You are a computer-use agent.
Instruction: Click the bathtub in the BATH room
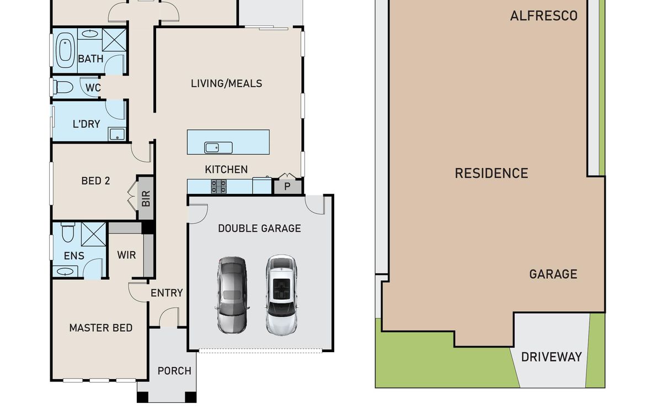65,51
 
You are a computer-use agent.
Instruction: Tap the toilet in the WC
63,88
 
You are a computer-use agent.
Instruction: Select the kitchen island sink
218,147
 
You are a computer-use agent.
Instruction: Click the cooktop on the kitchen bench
218,187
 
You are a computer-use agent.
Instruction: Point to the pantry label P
287,187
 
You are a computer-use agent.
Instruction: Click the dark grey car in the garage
232,295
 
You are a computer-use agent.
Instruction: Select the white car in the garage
281,295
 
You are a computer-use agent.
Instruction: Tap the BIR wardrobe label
146,198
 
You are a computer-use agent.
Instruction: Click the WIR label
126,255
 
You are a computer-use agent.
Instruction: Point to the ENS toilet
68,232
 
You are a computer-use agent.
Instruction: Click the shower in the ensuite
93,235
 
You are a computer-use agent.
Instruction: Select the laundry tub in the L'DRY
117,134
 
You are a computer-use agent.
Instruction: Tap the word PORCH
174,371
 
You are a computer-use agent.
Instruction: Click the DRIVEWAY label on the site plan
552,357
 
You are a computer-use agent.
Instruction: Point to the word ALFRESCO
544,16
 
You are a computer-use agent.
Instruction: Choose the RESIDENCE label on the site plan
492,173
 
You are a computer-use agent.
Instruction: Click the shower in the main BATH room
114,40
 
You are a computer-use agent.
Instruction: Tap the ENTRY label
167,293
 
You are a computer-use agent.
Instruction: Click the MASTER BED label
101,328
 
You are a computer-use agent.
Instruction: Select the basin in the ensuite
65,271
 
